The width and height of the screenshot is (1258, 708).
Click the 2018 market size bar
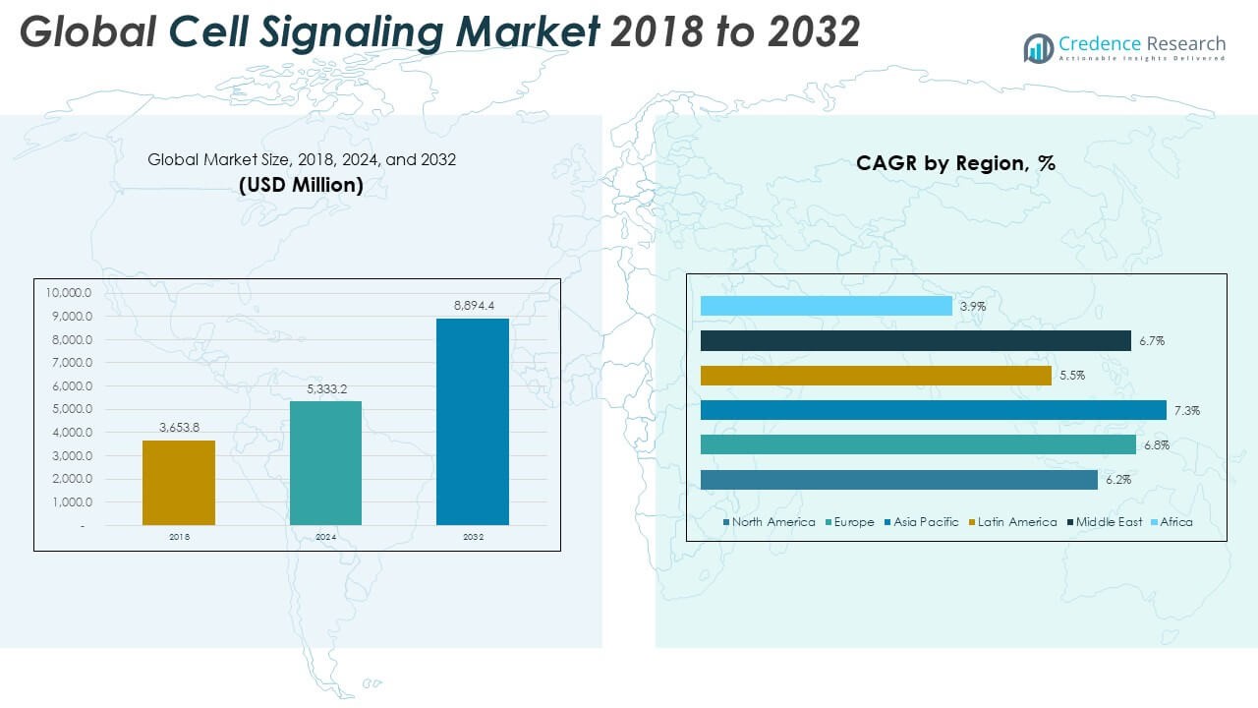coord(179,482)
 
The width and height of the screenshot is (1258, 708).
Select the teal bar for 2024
coord(325,462)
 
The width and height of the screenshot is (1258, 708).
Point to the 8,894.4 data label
coord(473,307)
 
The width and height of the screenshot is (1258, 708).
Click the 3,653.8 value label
coord(179,428)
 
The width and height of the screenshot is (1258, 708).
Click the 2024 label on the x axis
coord(325,537)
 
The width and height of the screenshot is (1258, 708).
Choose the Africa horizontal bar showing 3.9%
coord(827,306)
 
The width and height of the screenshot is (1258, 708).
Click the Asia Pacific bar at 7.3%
coord(934,410)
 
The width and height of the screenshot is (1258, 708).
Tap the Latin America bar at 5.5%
coord(876,376)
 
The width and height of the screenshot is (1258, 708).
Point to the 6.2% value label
coord(1117,480)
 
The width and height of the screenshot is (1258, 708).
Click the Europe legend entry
coord(853,522)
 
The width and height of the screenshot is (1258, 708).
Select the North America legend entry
coord(773,522)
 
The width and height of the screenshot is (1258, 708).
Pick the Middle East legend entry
coord(1109,522)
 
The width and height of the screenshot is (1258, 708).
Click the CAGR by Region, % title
coord(955,163)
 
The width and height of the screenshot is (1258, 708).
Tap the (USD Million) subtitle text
coord(301,184)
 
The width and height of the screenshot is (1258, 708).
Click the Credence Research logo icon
coord(1039,47)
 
